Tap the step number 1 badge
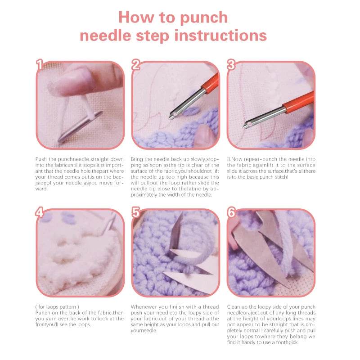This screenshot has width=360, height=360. point(40,66)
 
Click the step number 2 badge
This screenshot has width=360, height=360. point(136,66)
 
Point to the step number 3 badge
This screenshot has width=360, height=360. point(231,66)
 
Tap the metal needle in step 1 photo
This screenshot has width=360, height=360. point(79,128)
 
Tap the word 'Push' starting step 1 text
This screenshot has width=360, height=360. point(40,159)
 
